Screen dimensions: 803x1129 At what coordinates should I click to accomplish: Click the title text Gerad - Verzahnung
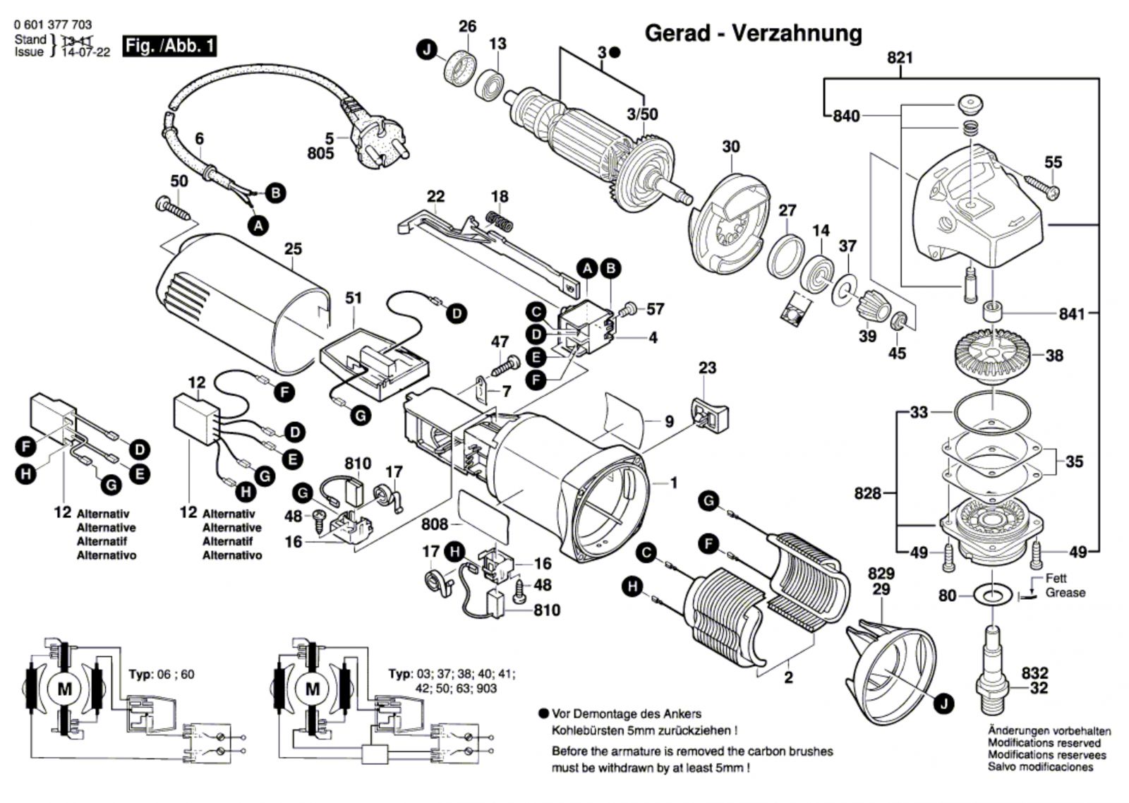click(753, 33)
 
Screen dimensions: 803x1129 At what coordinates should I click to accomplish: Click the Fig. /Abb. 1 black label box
click(169, 47)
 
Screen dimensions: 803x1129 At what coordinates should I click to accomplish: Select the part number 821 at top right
click(900, 58)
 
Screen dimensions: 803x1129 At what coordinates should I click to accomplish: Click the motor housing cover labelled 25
click(240, 303)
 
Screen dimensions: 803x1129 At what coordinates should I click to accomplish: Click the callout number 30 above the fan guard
click(731, 147)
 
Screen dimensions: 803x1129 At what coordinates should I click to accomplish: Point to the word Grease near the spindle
click(1065, 593)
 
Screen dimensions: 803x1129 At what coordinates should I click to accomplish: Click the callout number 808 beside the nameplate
click(435, 524)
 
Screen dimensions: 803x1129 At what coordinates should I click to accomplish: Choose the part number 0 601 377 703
click(52, 25)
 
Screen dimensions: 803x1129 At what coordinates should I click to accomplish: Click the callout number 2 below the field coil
click(788, 677)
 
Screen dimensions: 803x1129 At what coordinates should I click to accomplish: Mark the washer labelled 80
click(992, 596)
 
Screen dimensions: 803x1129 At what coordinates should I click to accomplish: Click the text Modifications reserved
click(1044, 743)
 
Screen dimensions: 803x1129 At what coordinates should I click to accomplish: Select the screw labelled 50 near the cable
click(171, 207)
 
